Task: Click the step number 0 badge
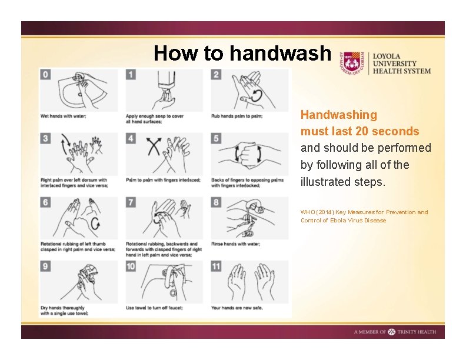click(45, 74)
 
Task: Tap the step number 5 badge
click(216, 138)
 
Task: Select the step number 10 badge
click(131, 266)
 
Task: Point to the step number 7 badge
click(131, 202)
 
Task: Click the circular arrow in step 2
click(257, 96)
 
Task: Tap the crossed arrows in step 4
click(154, 146)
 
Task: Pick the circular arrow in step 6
click(95, 224)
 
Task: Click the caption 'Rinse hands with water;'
click(235, 244)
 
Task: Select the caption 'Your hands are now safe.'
click(237, 308)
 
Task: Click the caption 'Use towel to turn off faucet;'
click(154, 308)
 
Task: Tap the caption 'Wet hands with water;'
click(64, 116)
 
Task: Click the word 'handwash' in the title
click(280, 53)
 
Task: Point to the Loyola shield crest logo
click(352, 64)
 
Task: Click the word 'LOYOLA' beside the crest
click(387, 56)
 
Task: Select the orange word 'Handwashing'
click(339, 115)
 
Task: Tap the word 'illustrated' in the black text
click(322, 182)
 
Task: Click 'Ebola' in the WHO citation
click(337, 221)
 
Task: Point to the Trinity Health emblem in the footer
click(392, 332)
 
